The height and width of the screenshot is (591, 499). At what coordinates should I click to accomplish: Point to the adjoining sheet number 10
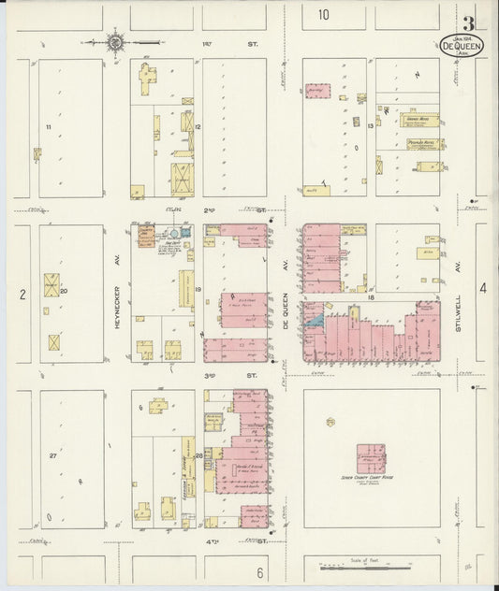point(323,14)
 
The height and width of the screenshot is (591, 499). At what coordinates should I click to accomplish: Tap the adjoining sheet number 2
point(21,295)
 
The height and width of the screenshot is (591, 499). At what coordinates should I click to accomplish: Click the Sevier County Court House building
point(372,459)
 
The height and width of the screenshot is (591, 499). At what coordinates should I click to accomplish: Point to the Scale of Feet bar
point(373,565)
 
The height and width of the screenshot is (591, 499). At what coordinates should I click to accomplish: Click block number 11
point(48,125)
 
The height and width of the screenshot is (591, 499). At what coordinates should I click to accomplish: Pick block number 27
point(53,455)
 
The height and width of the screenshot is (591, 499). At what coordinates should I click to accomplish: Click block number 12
point(198,125)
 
